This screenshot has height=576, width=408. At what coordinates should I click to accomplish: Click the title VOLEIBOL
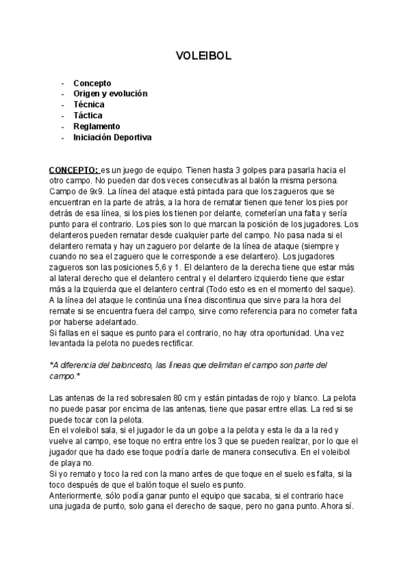coord(204,56)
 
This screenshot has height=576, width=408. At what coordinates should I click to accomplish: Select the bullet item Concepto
coord(92,83)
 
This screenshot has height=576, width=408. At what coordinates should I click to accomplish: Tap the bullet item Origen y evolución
coord(110,94)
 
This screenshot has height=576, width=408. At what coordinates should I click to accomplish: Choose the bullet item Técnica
coord(89,105)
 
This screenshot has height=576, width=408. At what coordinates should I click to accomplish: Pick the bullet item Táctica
coord(88,115)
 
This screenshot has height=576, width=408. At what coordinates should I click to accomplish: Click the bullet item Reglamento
coord(97,126)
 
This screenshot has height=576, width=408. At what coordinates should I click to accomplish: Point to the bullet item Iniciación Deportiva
coord(113,137)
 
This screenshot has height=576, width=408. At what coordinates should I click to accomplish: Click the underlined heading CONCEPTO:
coord(74,169)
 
